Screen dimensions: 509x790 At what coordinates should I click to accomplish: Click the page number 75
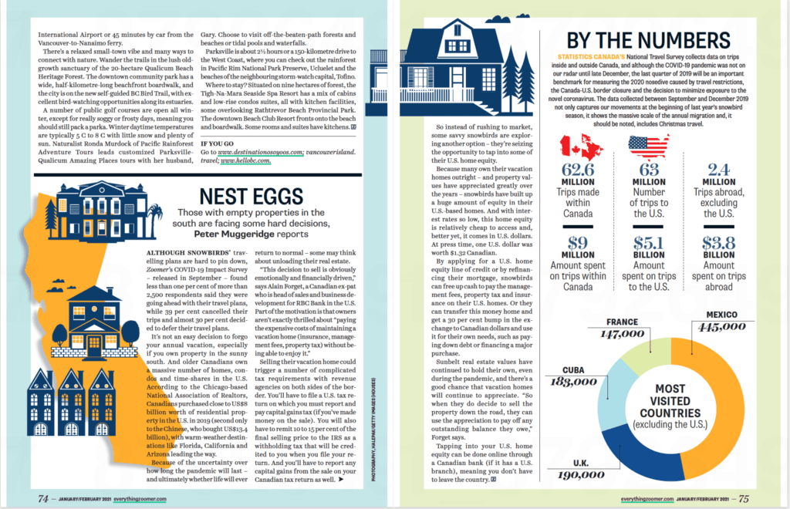coord(742,497)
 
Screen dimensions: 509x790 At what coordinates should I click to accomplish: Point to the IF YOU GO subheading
coord(221,143)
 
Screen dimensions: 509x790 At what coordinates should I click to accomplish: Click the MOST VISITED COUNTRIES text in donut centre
coord(670,406)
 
